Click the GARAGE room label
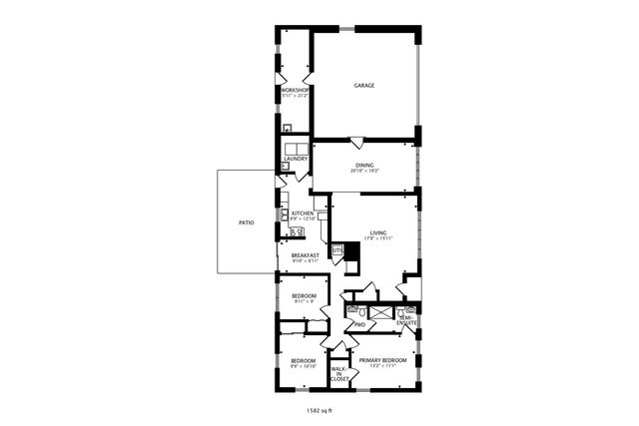(364, 86)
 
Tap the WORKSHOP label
(295, 91)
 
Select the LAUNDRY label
(296, 159)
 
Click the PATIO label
(245, 222)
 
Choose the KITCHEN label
(304, 213)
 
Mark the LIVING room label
(377, 232)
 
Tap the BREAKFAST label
(305, 255)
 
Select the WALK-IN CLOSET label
(339, 374)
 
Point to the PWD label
(358, 325)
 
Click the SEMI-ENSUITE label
(407, 320)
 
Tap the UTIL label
(337, 249)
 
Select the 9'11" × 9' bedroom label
(304, 297)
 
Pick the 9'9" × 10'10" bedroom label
(303, 361)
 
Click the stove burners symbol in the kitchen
(296, 232)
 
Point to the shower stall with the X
(378, 312)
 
